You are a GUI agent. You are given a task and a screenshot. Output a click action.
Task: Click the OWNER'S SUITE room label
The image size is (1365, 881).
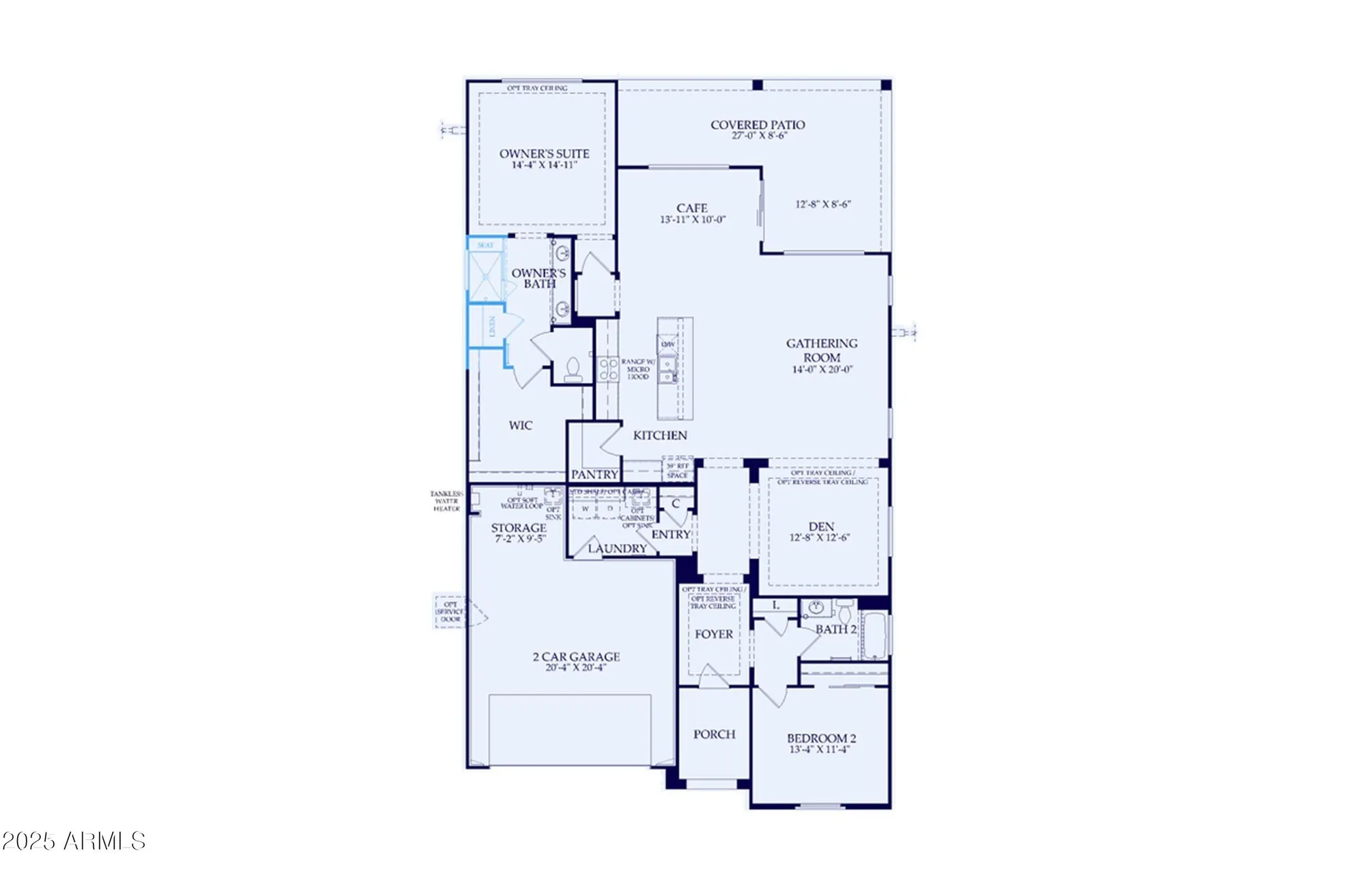click(x=544, y=154)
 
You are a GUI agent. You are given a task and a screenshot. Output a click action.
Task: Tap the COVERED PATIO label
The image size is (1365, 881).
click(x=758, y=125)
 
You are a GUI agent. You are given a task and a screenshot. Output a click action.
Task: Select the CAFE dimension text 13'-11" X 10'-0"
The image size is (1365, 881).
click(x=692, y=220)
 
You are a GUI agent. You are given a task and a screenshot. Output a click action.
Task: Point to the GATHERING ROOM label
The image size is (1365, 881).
click(x=822, y=350)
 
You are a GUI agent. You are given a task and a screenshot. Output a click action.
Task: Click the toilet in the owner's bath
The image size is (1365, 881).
click(x=573, y=371)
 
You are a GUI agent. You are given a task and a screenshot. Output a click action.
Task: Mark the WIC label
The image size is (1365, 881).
click(x=520, y=425)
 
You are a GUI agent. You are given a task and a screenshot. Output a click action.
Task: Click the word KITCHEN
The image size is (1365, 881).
click(x=660, y=435)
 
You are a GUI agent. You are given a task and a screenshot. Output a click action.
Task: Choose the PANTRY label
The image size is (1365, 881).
click(x=594, y=474)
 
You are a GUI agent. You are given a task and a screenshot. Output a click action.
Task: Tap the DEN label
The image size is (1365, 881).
click(x=821, y=526)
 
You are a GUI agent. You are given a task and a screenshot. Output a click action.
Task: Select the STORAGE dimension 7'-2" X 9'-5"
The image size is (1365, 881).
click(x=520, y=538)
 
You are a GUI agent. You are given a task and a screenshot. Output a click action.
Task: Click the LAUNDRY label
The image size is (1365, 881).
click(x=617, y=549)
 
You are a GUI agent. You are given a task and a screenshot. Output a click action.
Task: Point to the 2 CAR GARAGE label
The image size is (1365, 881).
click(x=576, y=656)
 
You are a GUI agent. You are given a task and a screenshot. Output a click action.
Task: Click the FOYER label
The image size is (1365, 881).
click(x=714, y=634)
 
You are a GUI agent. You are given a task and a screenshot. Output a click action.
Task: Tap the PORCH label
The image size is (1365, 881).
click(x=714, y=734)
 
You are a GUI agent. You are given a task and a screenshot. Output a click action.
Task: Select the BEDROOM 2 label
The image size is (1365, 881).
click(x=821, y=738)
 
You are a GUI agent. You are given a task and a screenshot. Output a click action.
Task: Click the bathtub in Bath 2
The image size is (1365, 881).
click(x=874, y=635)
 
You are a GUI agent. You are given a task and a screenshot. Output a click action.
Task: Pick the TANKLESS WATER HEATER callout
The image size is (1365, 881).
click(x=446, y=501)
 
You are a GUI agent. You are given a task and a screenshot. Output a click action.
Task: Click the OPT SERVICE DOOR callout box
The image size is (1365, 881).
click(x=450, y=611)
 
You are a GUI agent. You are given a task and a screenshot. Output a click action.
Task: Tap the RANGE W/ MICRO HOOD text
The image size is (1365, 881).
click(x=637, y=369)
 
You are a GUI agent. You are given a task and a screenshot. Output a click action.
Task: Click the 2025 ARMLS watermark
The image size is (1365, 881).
click(x=74, y=841)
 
